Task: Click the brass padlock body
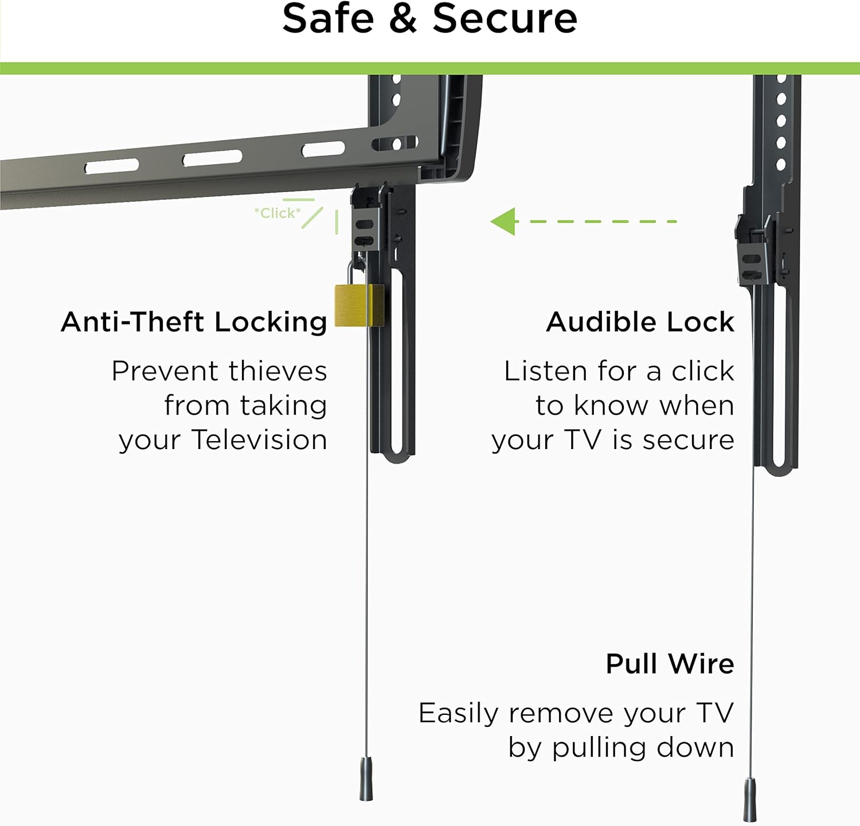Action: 358,305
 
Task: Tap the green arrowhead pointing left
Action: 505,221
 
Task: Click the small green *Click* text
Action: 277,213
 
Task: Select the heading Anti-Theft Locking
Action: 194,322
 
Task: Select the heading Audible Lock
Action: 640,322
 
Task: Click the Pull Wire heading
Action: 670,664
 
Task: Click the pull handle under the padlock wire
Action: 366,779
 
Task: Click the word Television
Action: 259,440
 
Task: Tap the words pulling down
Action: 643,748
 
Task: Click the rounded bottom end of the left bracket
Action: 396,455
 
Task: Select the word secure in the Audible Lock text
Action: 688,440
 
